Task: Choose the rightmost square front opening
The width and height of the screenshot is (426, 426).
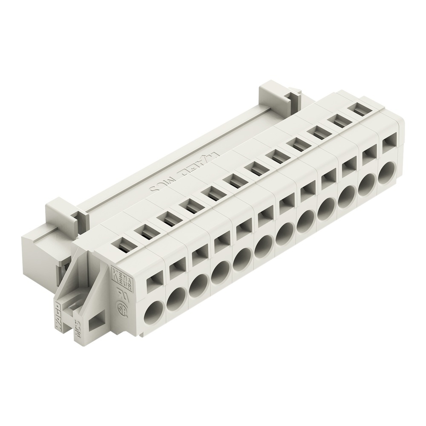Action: coord(388,144)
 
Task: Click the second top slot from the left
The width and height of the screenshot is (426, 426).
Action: coord(144,230)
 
